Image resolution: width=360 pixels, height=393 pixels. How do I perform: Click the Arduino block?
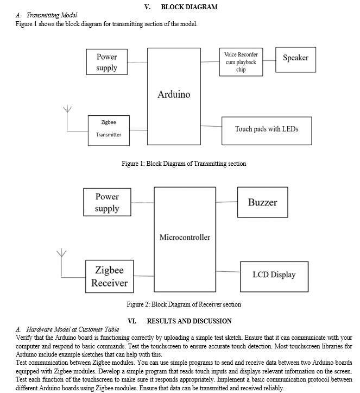(174, 96)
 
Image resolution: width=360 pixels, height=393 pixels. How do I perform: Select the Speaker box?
(295, 60)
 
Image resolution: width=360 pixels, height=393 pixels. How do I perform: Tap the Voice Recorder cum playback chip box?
(241, 62)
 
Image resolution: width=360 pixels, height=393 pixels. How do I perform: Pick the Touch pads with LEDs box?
(267, 130)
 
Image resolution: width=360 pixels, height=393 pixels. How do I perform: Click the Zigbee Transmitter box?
(109, 130)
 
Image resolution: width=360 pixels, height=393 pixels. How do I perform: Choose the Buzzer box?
(262, 202)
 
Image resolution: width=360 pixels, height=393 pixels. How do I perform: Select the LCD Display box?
(274, 277)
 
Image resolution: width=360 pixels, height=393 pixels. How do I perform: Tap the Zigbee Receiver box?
(109, 276)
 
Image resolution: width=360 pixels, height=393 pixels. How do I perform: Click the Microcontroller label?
(185, 237)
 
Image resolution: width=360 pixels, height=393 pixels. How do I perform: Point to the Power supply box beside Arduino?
(106, 61)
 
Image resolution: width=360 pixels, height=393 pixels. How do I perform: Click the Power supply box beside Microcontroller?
(107, 202)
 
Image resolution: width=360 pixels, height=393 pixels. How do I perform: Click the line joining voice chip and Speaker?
(269, 60)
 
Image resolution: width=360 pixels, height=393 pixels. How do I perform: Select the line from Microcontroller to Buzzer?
(226, 202)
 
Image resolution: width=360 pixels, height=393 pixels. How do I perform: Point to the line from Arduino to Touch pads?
(211, 126)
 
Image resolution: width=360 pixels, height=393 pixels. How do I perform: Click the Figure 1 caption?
(184, 164)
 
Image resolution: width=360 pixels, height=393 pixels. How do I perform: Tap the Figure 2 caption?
(184, 304)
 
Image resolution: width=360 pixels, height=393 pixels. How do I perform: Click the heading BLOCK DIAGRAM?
(189, 7)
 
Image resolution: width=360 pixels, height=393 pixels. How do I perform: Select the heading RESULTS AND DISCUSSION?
(189, 321)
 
